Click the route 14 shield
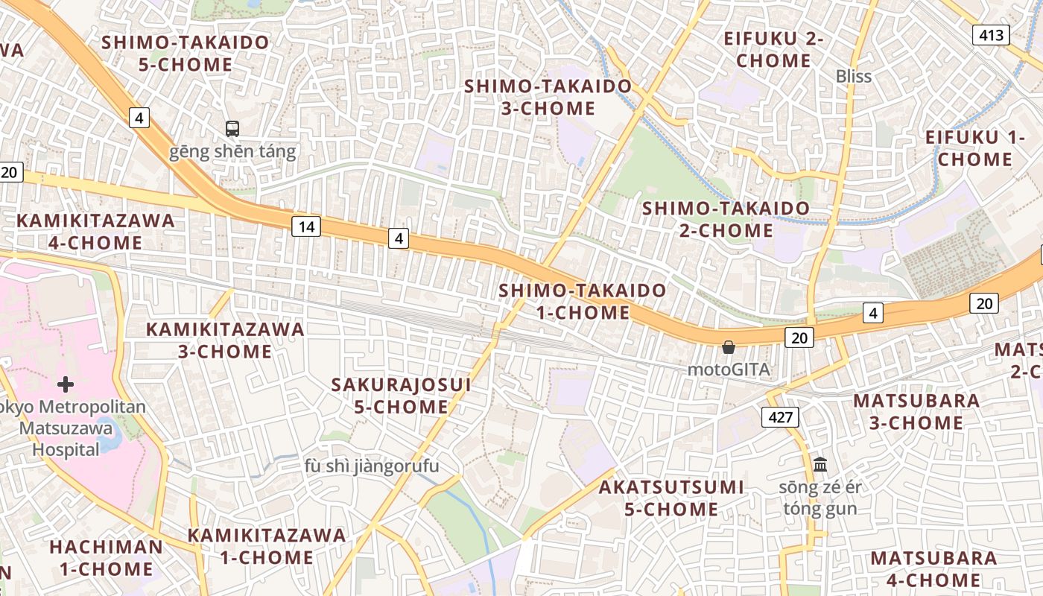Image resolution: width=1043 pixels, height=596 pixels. click(305, 226)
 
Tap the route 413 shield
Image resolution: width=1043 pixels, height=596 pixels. click(990, 34)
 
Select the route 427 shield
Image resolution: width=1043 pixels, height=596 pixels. click(780, 417)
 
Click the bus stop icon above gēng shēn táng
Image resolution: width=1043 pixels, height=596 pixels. click(232, 129)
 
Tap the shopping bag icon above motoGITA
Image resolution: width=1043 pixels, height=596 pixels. click(729, 347)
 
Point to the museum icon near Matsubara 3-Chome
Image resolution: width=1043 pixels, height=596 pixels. click(820, 464)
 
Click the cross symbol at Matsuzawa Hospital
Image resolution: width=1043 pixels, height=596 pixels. click(66, 384)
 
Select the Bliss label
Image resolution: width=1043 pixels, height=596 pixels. click(853, 76)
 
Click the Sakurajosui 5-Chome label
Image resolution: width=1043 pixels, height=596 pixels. click(401, 396)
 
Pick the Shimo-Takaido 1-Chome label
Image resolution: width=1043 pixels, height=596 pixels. click(583, 301)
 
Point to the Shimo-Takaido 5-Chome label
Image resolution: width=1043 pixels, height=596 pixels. click(186, 53)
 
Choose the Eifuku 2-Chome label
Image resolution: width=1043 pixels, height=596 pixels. click(773, 49)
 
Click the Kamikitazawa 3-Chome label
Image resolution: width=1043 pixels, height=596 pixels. click(225, 340)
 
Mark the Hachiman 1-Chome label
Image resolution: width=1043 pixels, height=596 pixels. click(106, 557)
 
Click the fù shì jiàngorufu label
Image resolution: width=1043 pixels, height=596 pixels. click(372, 466)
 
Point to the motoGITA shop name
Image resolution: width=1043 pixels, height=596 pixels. click(728, 370)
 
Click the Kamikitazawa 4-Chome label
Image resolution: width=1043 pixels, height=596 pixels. click(95, 231)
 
